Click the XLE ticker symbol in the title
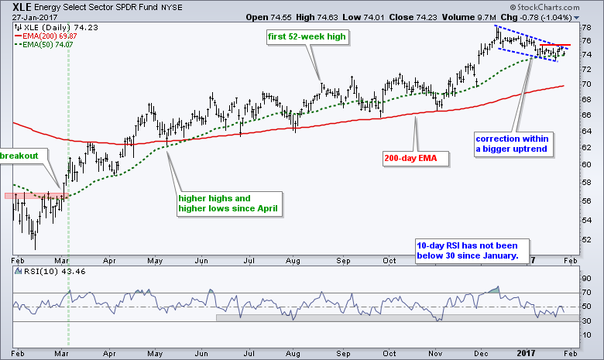click(23, 5)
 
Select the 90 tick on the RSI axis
click(587, 278)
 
